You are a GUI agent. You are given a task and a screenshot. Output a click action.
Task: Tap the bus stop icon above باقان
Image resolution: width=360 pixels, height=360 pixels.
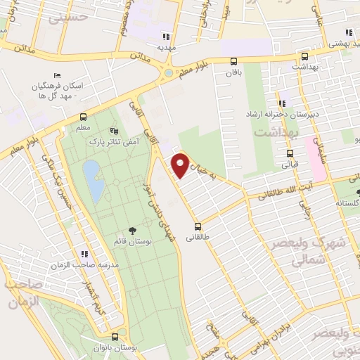click(x=234, y=60)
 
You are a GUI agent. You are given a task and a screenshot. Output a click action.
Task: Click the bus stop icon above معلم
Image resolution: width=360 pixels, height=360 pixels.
click(x=83, y=117)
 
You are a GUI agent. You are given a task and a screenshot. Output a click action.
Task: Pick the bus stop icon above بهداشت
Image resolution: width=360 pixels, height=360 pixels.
click(x=304, y=57)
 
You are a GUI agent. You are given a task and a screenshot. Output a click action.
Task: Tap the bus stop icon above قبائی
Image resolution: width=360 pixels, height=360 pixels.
click(x=290, y=153)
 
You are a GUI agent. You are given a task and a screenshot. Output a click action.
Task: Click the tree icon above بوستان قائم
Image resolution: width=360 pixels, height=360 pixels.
click(x=131, y=231)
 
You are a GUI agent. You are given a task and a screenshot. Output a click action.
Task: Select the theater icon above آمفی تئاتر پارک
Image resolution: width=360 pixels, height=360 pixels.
click(x=115, y=131)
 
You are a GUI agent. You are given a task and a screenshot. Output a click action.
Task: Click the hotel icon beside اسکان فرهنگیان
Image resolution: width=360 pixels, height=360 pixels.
click(x=57, y=75)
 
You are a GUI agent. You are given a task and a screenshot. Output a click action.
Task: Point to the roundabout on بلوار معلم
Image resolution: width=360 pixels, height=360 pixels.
click(x=169, y=72)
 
